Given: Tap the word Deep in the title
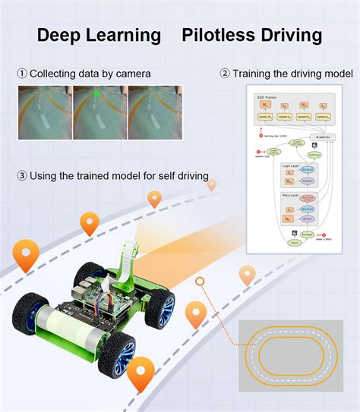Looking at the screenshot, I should pos(64,35).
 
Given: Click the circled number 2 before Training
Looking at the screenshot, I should pos(225,74).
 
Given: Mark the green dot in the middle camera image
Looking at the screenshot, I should pos(96,94).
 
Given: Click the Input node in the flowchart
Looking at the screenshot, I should pos(292,243).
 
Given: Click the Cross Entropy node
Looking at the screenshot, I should pos(296,143).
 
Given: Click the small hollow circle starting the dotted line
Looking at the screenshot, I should pos(200,281).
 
